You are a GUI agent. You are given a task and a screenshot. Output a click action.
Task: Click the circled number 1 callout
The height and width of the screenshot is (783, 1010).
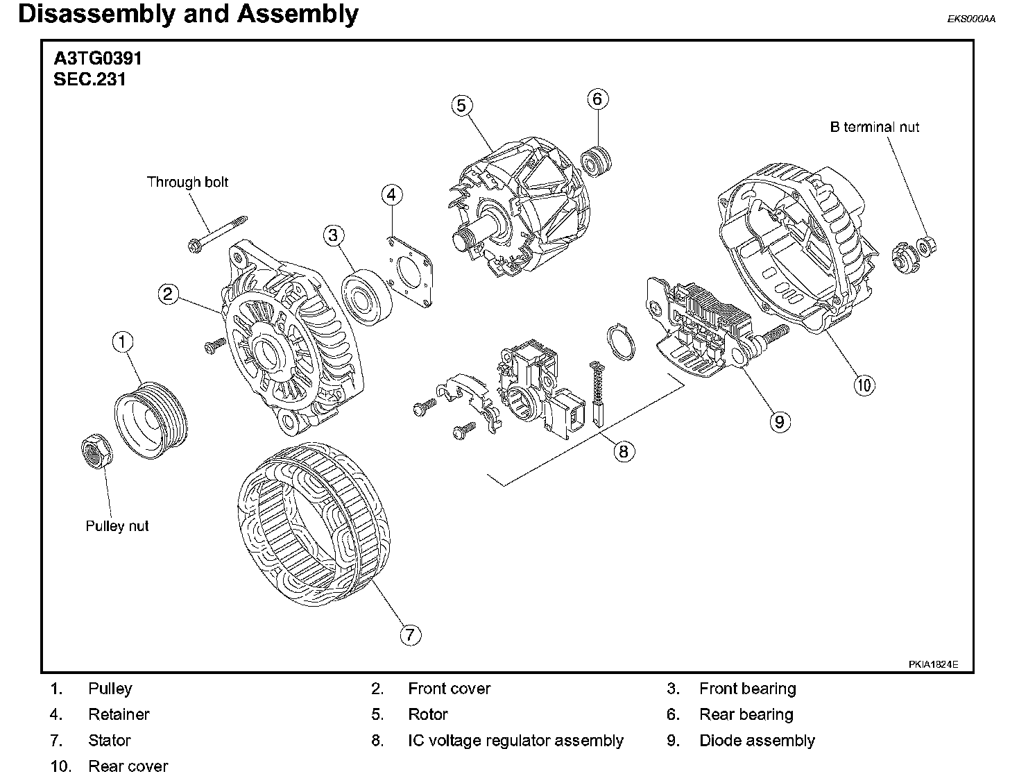123,342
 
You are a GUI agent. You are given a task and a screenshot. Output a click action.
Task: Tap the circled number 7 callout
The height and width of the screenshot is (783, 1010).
411,634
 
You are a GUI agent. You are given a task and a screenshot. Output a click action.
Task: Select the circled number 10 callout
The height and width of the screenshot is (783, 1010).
864,385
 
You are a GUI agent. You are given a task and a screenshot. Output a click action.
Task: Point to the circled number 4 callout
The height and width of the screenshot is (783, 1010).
392,195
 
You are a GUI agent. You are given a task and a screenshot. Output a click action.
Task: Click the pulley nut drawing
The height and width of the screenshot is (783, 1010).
96,451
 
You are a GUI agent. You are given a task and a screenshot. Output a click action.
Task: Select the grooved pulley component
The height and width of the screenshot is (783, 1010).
151,420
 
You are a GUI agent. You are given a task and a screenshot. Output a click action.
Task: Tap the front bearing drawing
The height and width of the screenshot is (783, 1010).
367,297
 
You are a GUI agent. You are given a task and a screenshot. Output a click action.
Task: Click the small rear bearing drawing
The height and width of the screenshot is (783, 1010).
597,161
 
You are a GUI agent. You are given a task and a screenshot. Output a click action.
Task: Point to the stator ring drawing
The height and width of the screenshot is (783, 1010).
314,525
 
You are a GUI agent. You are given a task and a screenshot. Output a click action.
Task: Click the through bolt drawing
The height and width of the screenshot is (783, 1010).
218,235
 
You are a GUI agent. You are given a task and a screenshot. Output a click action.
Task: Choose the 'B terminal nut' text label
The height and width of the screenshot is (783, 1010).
874,127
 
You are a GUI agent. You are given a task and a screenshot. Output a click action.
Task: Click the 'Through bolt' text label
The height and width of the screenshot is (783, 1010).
187,182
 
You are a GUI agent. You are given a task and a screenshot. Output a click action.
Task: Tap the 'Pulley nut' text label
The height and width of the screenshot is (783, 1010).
117,526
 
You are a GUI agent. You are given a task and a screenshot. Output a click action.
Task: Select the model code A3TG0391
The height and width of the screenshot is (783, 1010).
98,58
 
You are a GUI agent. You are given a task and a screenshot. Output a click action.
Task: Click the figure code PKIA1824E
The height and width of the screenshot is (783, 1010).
933,664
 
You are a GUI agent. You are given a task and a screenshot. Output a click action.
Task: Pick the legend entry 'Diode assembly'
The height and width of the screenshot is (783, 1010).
757,741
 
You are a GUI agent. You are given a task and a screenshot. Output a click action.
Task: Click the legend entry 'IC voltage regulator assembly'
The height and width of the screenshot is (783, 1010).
515,741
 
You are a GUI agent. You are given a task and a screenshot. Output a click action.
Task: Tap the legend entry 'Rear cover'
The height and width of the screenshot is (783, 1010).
128,766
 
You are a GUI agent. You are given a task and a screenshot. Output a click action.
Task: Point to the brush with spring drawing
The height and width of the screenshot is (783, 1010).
598,394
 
